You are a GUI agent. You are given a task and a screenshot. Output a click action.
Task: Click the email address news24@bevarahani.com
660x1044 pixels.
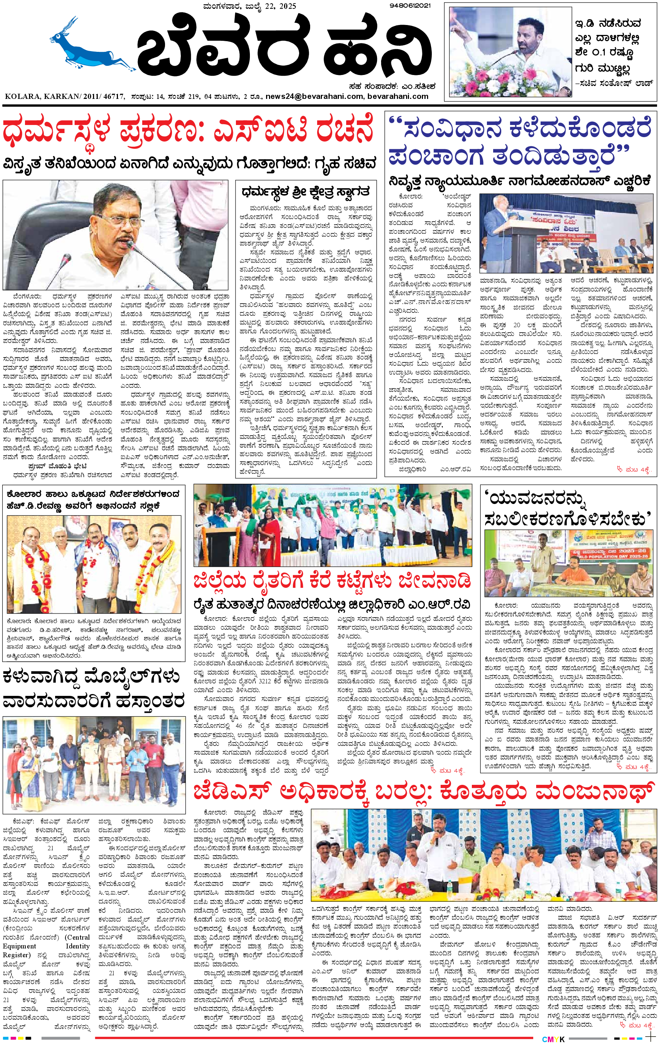[x=314, y=96]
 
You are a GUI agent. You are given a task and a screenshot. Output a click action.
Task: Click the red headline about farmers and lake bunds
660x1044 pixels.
[x=332, y=580]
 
